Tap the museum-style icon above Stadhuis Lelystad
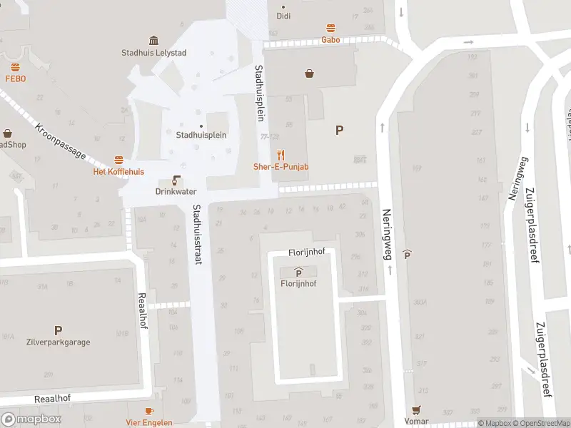153,40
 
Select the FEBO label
16,78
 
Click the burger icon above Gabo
330,29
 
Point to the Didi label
283,16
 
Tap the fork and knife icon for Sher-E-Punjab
282,154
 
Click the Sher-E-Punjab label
281,167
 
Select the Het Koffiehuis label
118,172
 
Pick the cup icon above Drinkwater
176,180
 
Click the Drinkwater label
176,192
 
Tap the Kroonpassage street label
60,143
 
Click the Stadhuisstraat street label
196,235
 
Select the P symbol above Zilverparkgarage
58,330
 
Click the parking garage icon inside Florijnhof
298,272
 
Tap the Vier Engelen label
149,422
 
